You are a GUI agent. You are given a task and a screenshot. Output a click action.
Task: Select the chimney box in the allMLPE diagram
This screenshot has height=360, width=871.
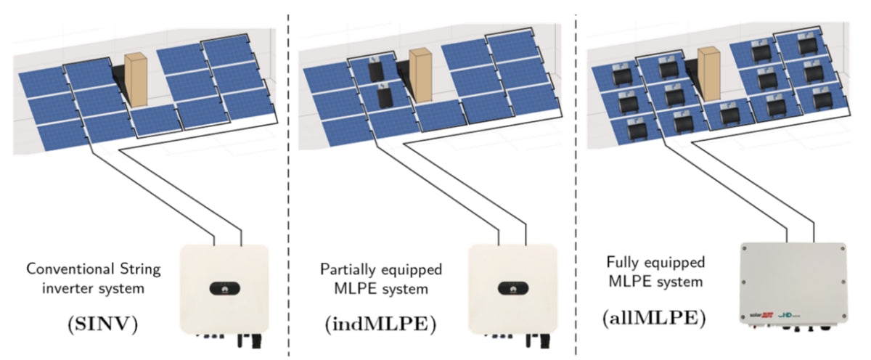tap(709, 72)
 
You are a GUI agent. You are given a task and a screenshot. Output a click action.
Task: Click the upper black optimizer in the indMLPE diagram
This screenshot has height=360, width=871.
tap(375, 72)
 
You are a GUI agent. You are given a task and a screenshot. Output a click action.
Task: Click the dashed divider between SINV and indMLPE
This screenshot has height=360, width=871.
tap(289, 181)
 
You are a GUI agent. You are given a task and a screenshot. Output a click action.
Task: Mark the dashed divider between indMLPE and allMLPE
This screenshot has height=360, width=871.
tap(576, 181)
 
